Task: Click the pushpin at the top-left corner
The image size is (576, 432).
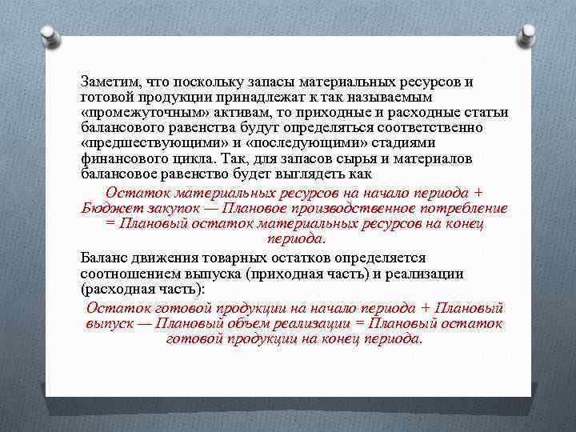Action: (47, 34)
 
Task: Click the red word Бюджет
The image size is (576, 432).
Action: (108, 208)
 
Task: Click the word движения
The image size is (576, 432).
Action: (170, 258)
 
